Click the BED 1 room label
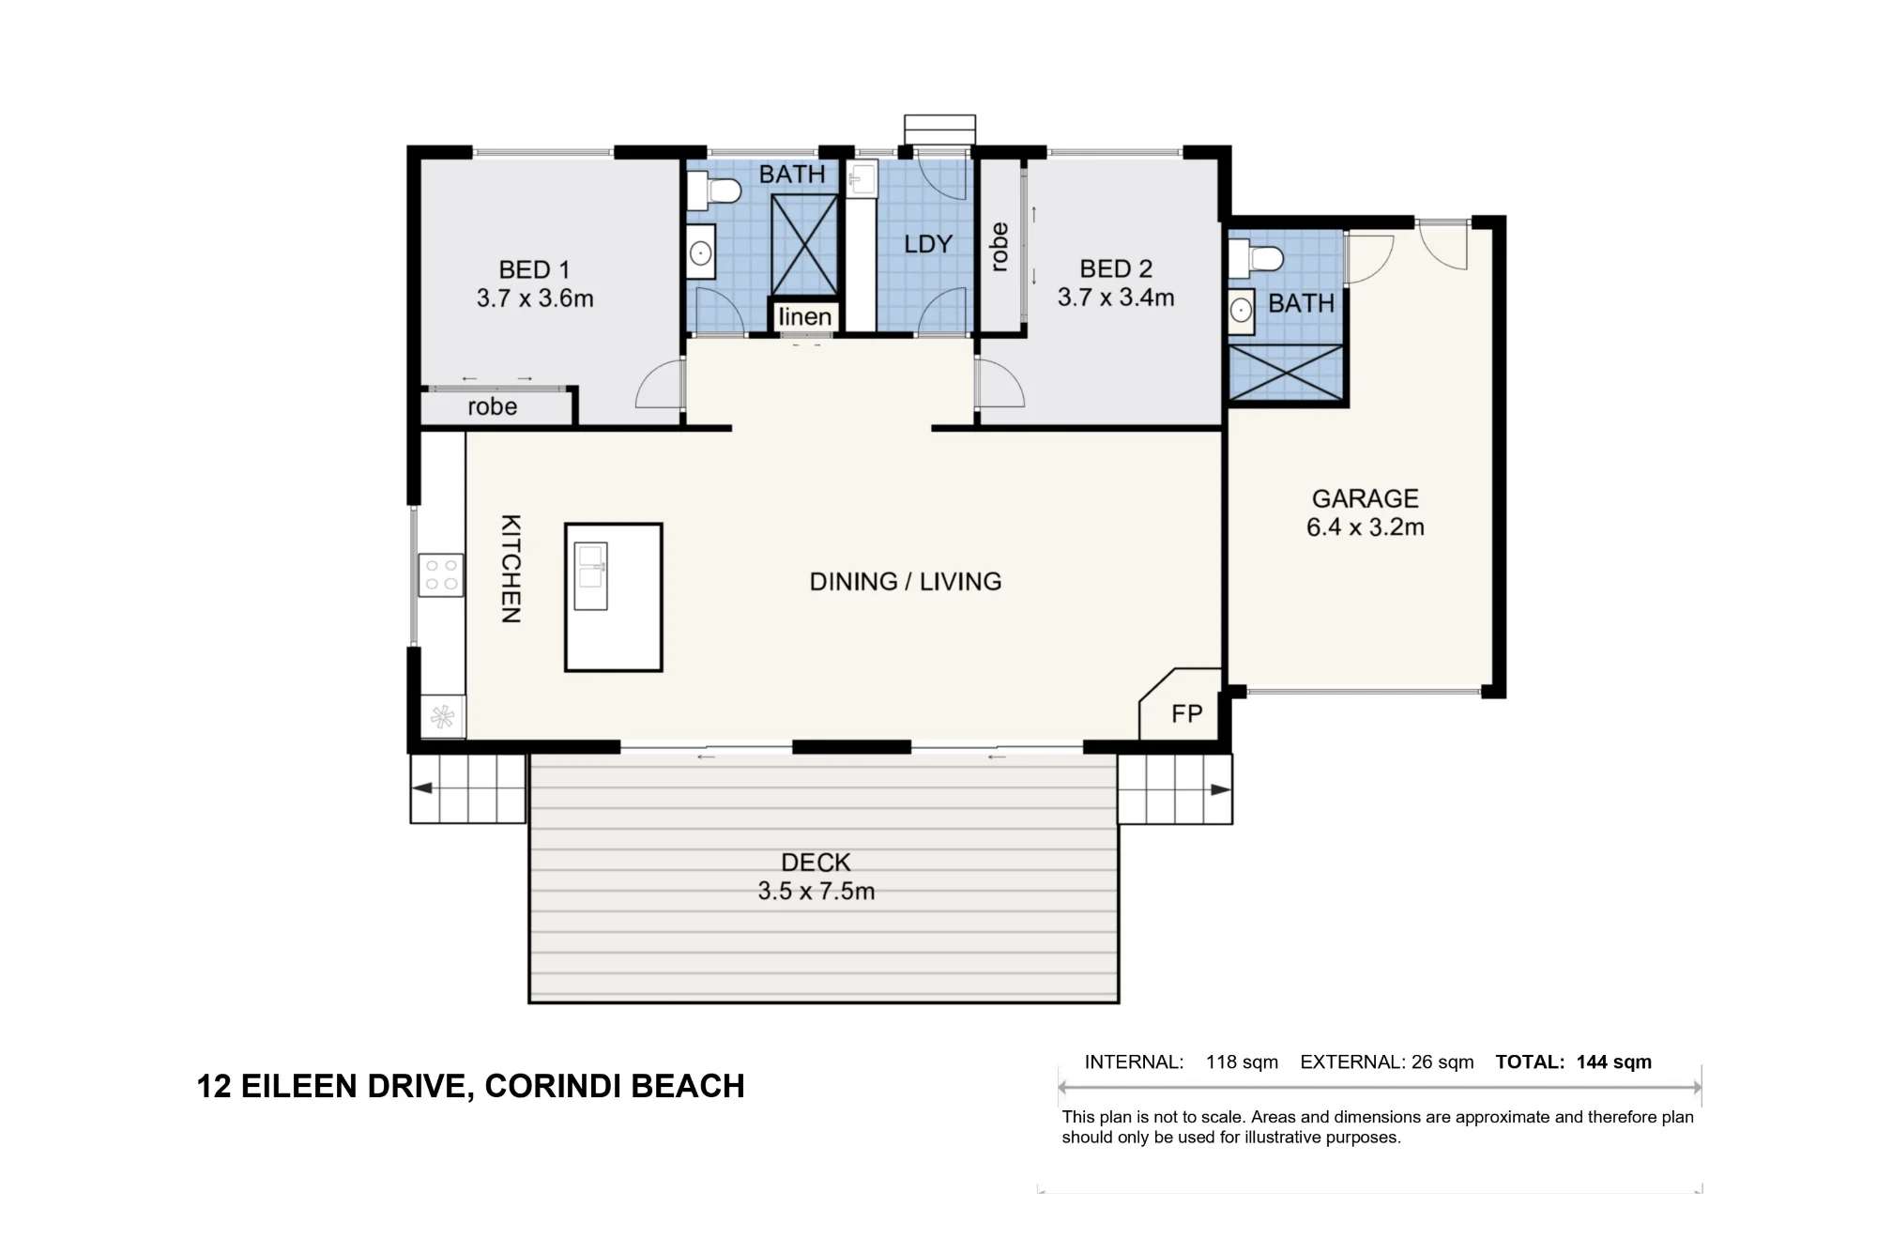point(534,270)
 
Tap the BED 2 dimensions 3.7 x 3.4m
point(1116,298)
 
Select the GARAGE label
point(1365,498)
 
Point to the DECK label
point(816,863)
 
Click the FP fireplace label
point(1186,714)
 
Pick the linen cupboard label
point(805,317)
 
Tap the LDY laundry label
point(928,244)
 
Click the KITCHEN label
point(510,569)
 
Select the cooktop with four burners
point(441,575)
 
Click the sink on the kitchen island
point(590,576)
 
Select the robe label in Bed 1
point(493,406)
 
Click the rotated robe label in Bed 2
point(1000,247)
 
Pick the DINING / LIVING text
point(906,582)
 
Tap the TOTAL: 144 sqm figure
point(1574,1062)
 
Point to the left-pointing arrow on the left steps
point(422,787)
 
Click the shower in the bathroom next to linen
point(804,245)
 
